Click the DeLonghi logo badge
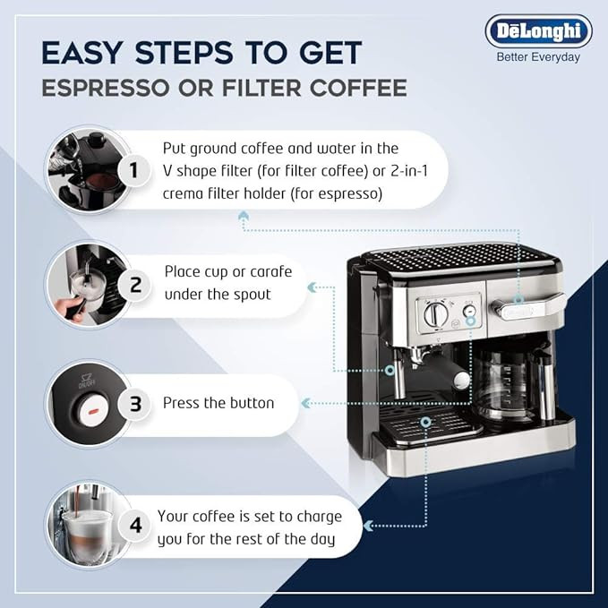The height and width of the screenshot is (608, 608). point(538,31)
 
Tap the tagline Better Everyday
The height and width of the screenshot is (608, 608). point(538,57)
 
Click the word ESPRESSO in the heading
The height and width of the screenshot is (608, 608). point(106,88)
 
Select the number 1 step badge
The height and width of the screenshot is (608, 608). point(133,170)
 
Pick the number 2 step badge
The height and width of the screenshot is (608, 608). point(134,285)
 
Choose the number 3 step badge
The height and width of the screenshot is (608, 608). point(134,404)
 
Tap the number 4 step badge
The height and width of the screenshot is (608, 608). point(134,526)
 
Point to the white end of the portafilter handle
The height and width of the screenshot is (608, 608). point(461,380)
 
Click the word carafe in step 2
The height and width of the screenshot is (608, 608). point(270,272)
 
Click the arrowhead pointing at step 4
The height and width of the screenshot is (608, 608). point(368,526)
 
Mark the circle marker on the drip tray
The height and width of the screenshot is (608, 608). point(425,423)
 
